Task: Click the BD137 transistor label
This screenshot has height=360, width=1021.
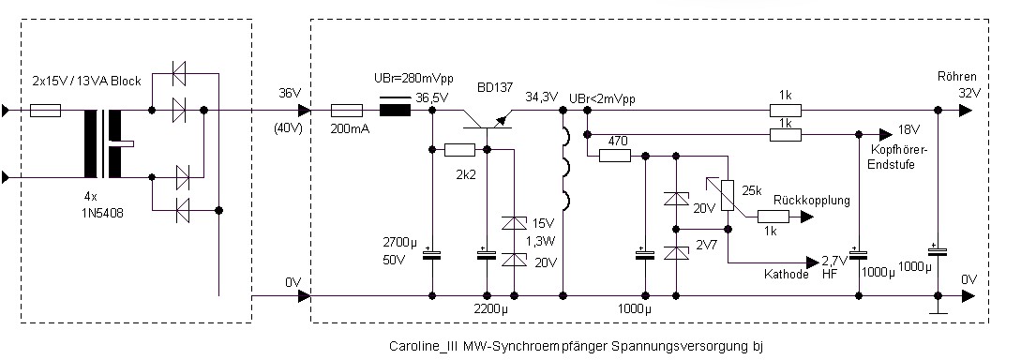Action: tap(495, 86)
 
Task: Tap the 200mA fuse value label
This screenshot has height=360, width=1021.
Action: tap(351, 129)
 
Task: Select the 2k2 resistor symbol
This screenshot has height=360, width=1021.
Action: tap(459, 150)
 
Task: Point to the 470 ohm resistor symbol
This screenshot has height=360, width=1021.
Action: tap(615, 156)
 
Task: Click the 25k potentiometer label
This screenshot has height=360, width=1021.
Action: tap(751, 191)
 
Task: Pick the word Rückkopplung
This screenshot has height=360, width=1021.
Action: tap(812, 201)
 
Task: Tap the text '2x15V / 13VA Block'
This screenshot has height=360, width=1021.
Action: tap(86, 82)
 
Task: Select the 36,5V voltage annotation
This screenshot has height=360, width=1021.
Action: tap(431, 97)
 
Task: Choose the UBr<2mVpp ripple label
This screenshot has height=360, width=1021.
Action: tap(602, 99)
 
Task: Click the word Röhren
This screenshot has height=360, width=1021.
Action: tap(956, 76)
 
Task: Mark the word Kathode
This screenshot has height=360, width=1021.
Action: tap(786, 275)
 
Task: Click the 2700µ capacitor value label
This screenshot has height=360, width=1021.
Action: tap(399, 244)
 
